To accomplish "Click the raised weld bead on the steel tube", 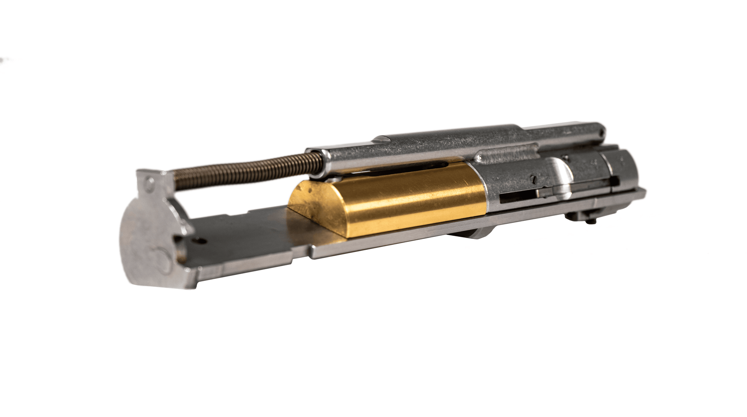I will pos(508,154).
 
